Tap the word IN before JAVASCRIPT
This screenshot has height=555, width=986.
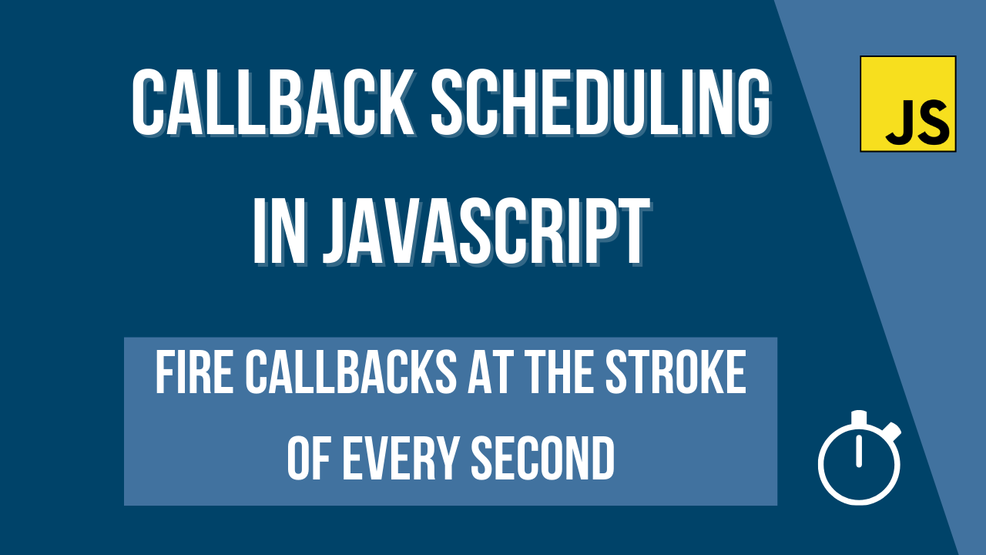pos(281,230)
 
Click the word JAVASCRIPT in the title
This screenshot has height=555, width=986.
pos(485,230)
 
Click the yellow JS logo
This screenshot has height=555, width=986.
pos(907,103)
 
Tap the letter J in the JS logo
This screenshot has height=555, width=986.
pos(898,123)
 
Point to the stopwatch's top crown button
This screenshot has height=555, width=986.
pos(859,417)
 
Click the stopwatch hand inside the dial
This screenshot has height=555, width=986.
pos(859,454)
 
